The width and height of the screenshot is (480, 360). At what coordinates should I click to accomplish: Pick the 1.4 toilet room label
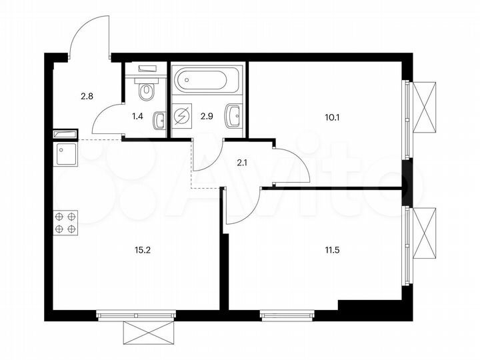point(137,117)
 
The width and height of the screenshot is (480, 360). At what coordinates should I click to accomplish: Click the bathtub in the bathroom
point(201,81)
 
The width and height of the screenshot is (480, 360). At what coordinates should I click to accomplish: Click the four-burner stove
point(65,222)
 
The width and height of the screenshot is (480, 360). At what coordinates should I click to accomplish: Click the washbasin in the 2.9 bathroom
point(233,115)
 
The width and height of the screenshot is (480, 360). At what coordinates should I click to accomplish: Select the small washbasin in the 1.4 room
point(159,121)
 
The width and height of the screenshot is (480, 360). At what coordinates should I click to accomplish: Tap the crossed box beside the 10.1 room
point(425,107)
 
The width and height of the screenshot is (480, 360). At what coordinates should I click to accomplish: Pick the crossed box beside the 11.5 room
point(425,233)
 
